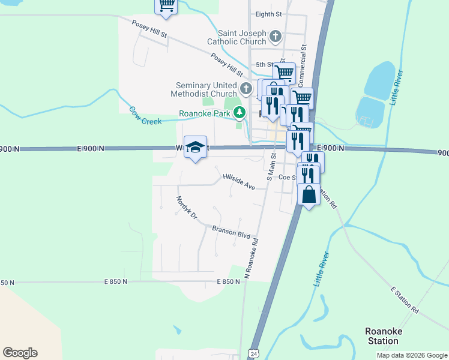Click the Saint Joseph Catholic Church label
point(237,37)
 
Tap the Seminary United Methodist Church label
point(206,89)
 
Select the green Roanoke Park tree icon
point(240,112)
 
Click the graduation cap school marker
point(195,147)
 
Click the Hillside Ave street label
point(239,182)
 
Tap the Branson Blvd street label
point(231,232)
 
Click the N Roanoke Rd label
point(252,259)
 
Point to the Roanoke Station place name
point(384,336)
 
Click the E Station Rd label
point(404,300)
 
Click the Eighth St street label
point(268,14)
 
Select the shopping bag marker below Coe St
point(309,195)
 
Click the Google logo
point(20,353)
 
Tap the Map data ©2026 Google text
point(412,355)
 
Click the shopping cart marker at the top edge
point(167,5)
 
